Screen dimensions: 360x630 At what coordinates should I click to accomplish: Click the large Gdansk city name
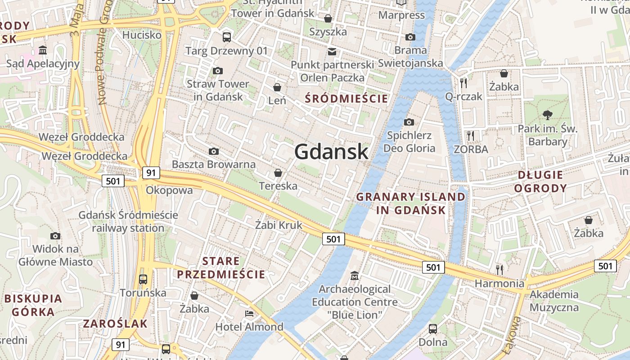point(331,152)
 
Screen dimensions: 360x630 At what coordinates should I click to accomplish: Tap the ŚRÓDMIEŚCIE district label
point(346,99)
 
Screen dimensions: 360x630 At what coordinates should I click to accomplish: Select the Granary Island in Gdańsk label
point(411,203)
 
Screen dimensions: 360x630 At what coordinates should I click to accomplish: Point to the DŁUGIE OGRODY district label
point(540,181)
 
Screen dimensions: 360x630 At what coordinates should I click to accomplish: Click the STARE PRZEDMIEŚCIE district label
point(221,268)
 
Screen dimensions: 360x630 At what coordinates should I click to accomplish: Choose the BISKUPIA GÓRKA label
point(33,305)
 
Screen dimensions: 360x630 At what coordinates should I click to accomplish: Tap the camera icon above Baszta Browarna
point(214,152)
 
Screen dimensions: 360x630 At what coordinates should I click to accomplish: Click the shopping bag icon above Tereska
point(278,173)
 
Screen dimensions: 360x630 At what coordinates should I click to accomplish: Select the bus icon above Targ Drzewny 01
point(227,37)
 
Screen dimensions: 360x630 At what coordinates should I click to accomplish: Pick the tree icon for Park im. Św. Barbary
point(548,115)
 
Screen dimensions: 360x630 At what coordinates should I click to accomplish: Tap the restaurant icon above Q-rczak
point(463,83)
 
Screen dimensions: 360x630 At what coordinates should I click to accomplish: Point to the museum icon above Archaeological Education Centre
point(355,275)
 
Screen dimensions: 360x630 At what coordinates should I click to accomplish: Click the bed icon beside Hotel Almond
point(249,313)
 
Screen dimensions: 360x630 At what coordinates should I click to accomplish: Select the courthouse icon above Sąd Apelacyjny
point(43,50)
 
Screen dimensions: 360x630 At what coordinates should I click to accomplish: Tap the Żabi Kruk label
point(279,225)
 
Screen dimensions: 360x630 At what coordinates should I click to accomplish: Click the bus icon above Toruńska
point(143,279)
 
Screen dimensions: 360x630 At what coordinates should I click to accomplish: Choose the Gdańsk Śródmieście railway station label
point(128,221)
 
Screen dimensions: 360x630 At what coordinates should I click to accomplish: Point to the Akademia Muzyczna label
point(554,301)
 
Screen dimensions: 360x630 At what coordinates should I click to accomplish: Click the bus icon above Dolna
point(433,328)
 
